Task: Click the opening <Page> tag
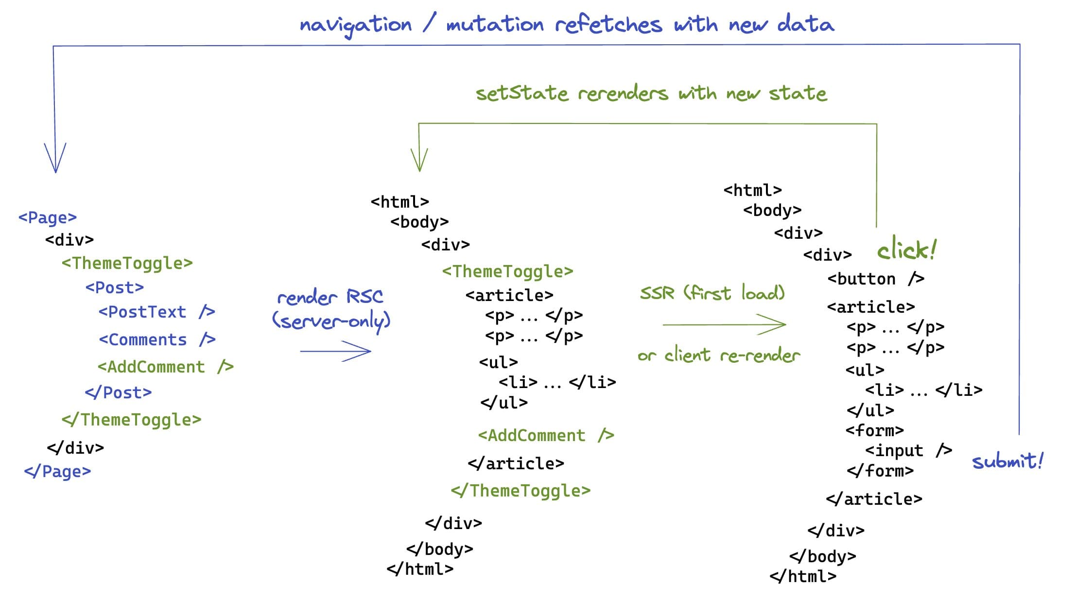pyautogui.click(x=48, y=217)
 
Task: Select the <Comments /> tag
pyautogui.click(x=157, y=339)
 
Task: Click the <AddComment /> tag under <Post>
pyautogui.click(x=165, y=367)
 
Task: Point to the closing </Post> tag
pyautogui.click(x=118, y=392)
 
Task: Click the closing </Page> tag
pyautogui.click(x=57, y=471)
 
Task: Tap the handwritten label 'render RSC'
pyautogui.click(x=330, y=296)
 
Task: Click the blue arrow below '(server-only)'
pyautogui.click(x=335, y=351)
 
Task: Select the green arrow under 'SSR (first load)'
pyautogui.click(x=724, y=324)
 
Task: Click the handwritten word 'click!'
pyautogui.click(x=906, y=250)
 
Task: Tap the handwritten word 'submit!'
pyautogui.click(x=1007, y=461)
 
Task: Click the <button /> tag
pyautogui.click(x=875, y=279)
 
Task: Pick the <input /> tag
pyautogui.click(x=908, y=450)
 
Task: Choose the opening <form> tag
pyautogui.click(x=874, y=430)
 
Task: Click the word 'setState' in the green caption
pyautogui.click(x=521, y=93)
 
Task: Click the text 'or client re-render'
pyautogui.click(x=718, y=355)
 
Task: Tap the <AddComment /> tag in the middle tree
pyautogui.click(x=546, y=435)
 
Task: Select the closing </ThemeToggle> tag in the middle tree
pyautogui.click(x=521, y=491)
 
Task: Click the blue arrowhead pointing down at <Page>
pyautogui.click(x=55, y=158)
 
